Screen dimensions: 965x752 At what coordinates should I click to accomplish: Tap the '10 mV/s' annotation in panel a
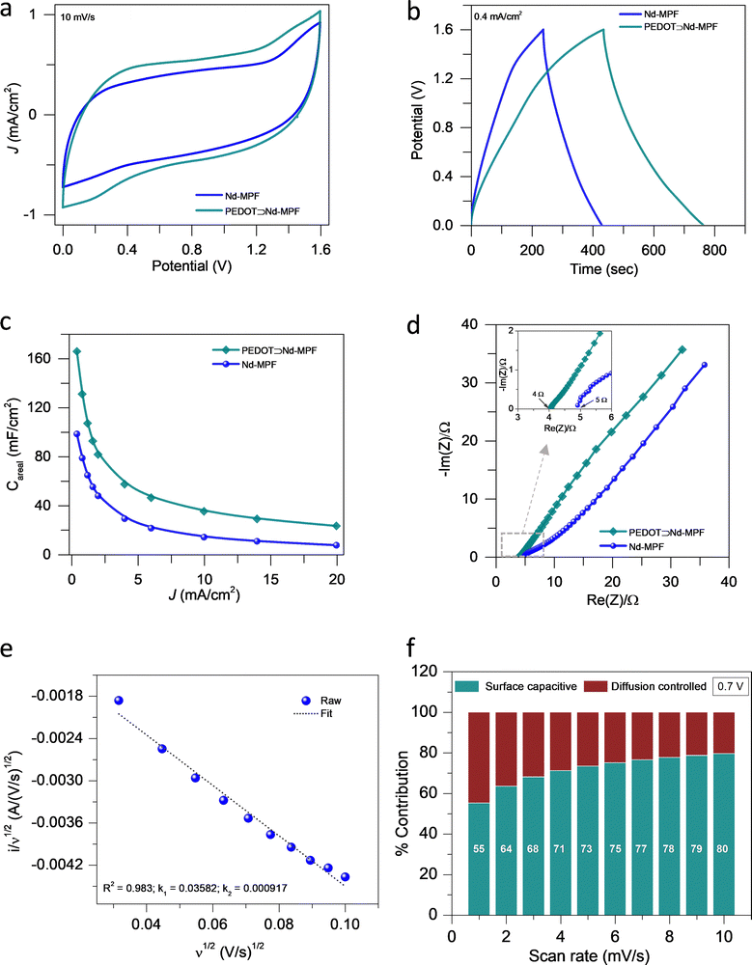tap(80, 18)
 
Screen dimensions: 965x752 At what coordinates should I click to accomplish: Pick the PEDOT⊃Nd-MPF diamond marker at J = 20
tap(336, 526)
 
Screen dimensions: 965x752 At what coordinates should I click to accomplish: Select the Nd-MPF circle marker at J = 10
tap(204, 537)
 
